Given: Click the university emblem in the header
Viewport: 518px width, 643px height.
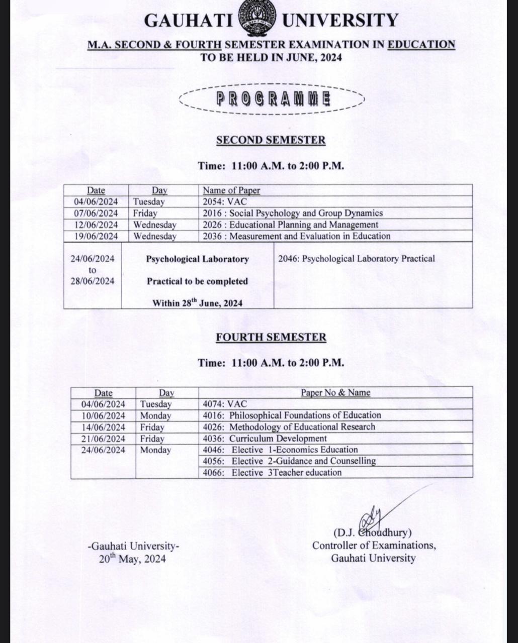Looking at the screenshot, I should tap(257, 19).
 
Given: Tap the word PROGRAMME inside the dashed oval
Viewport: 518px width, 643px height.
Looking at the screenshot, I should tap(273, 98).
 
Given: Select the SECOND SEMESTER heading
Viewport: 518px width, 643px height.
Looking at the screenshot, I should tap(271, 140).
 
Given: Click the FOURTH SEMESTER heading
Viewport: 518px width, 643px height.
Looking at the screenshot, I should tap(271, 337).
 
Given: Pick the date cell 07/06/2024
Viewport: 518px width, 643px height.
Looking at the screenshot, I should tap(96, 213).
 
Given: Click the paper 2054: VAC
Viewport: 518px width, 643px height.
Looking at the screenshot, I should tap(225, 201).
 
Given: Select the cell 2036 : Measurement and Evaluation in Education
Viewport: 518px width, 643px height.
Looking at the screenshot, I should tap(296, 236).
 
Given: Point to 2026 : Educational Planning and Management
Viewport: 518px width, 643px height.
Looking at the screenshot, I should tap(290, 225).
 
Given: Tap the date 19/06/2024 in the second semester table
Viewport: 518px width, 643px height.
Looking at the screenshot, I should tap(96, 236).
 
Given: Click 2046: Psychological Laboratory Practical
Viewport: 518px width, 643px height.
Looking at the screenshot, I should tap(356, 259).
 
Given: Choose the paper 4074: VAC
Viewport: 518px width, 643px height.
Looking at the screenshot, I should tap(225, 404).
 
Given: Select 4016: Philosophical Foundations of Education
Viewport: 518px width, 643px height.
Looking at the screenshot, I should tap(292, 415).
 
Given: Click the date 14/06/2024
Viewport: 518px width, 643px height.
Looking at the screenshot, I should tap(103, 427).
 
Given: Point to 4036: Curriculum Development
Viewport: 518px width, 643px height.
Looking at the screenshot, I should tap(265, 439).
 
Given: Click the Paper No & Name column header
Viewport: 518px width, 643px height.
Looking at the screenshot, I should tap(335, 393).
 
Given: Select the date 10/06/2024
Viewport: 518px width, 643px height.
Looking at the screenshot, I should tap(103, 415).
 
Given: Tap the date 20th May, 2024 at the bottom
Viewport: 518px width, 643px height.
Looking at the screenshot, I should tap(132, 559).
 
